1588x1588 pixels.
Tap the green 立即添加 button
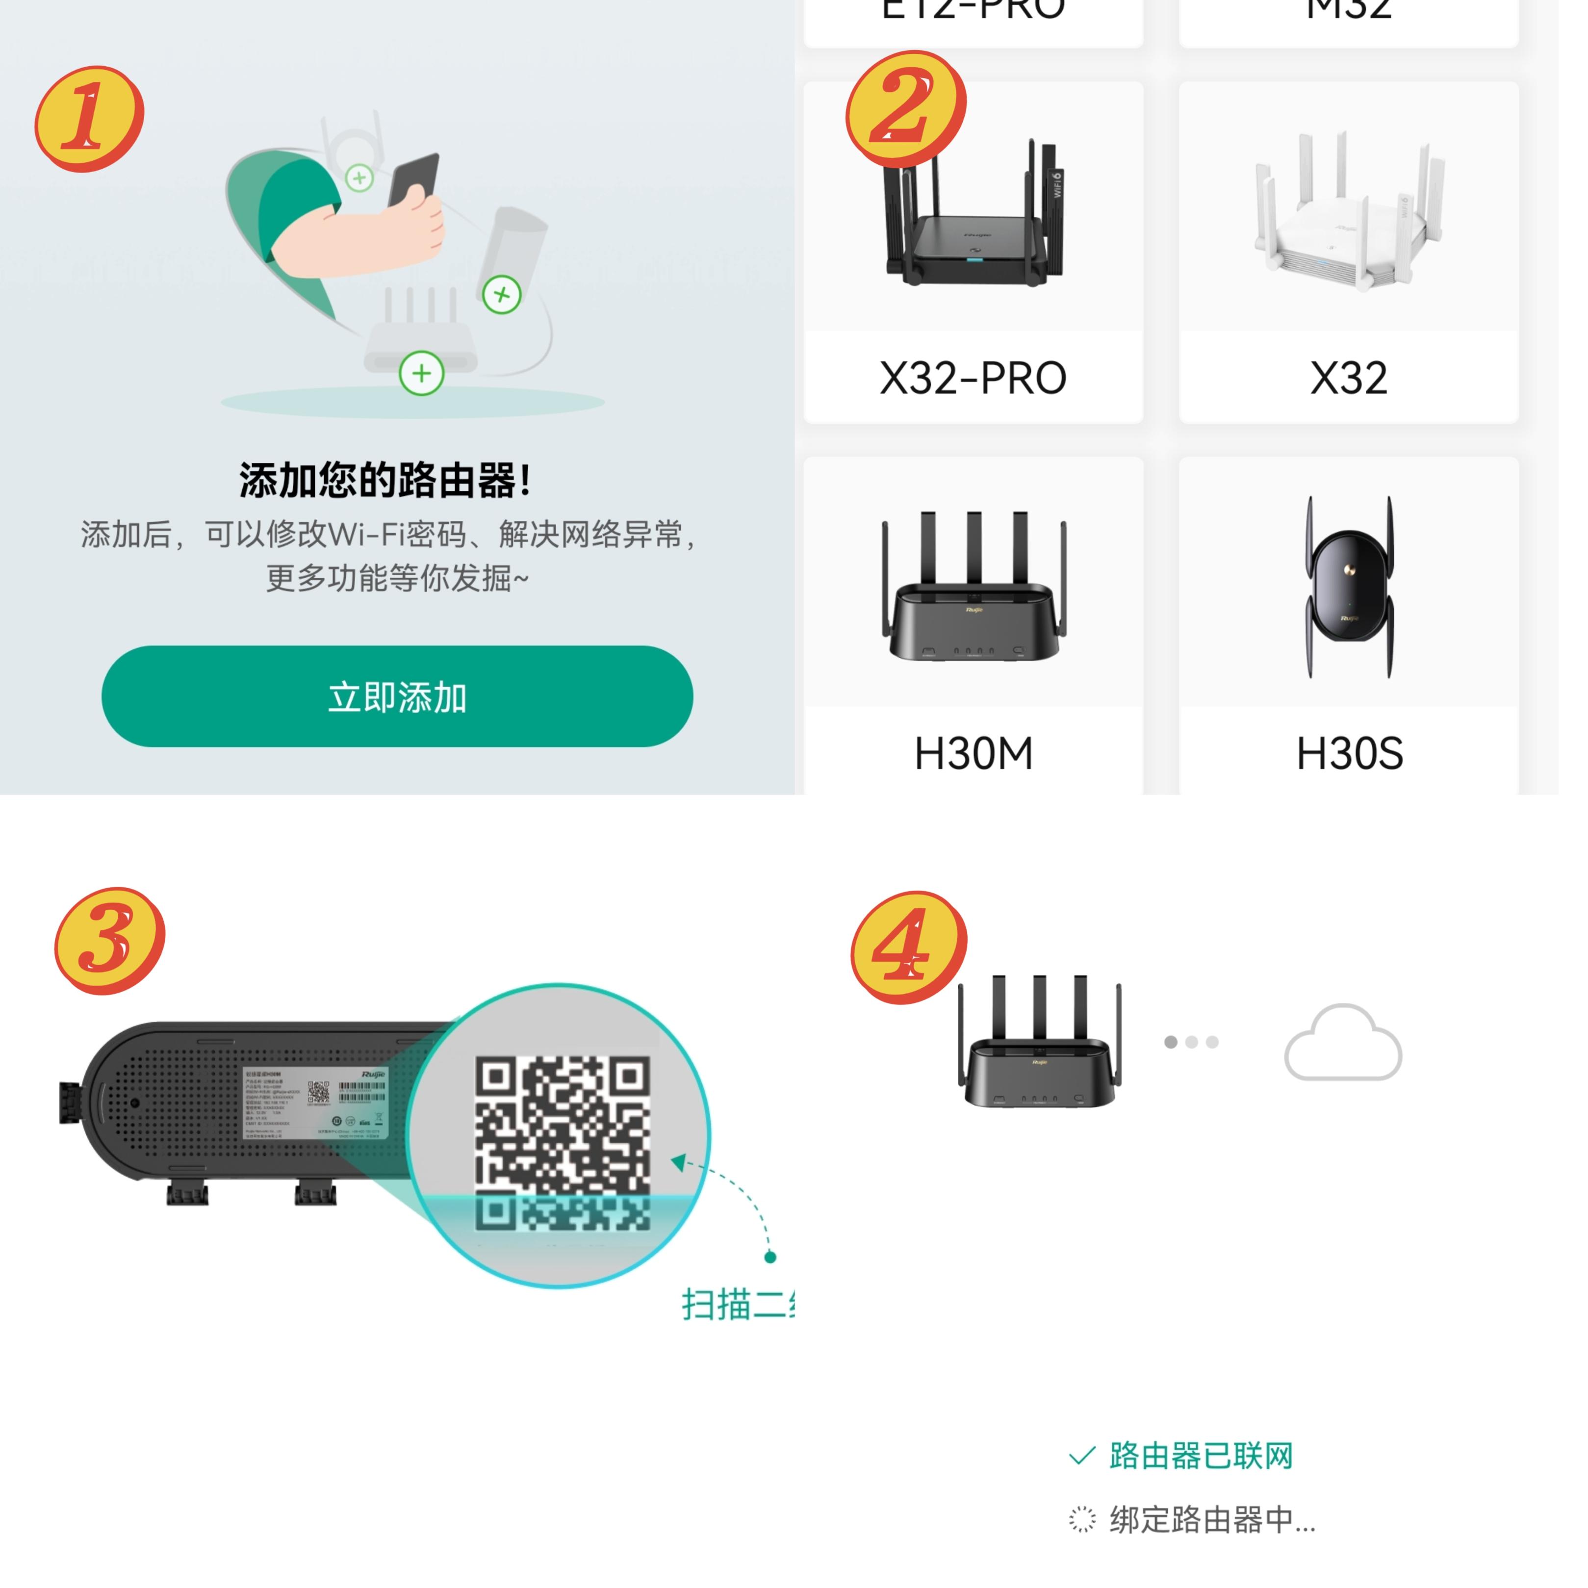(397, 696)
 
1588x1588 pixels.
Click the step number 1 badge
(89, 119)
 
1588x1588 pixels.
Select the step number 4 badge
(908, 947)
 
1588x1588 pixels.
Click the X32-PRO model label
(973, 378)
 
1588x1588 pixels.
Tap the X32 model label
(1348, 378)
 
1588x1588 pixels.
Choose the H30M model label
(973, 753)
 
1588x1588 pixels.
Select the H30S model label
(1349, 753)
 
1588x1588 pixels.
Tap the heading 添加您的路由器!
(384, 480)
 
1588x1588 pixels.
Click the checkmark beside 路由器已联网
(1082, 1457)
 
